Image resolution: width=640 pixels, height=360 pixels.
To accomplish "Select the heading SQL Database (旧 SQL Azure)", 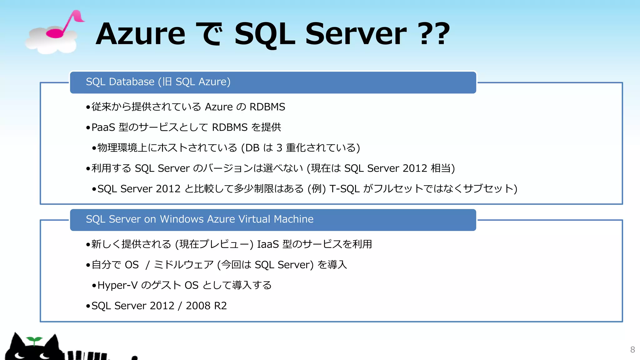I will (x=158, y=82).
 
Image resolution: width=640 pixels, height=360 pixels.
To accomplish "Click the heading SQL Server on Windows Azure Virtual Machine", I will (x=199, y=219).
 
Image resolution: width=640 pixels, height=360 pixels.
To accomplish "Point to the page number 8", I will (x=632, y=350).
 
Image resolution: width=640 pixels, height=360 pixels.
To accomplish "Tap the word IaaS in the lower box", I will (x=267, y=244).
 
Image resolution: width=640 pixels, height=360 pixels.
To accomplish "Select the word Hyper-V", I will (x=117, y=285).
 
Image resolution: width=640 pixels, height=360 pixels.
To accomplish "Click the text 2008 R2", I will (x=206, y=306).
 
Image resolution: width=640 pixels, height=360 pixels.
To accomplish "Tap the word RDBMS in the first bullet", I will (x=267, y=107).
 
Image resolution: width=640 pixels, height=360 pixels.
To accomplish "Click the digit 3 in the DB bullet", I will (x=279, y=148).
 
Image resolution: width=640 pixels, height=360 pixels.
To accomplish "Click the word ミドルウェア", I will (x=184, y=265).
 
